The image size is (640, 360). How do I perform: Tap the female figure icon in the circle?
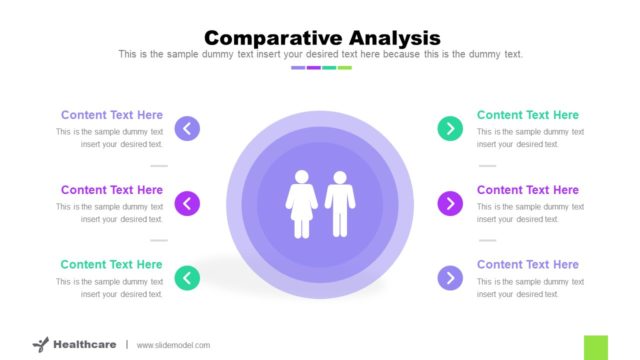[301, 204]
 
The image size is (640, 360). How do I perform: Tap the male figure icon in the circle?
[340, 204]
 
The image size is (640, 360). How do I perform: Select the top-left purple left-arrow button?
[187, 128]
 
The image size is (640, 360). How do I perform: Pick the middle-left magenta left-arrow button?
[187, 203]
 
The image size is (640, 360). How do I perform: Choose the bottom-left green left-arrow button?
[187, 278]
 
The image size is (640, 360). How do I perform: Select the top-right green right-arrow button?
[450, 128]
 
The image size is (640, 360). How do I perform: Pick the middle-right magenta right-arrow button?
[450, 203]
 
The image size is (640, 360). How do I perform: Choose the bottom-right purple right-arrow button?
[450, 278]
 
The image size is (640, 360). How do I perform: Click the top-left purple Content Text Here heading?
[111, 115]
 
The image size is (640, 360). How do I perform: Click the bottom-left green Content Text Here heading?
[111, 265]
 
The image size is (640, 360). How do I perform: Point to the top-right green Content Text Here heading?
[527, 115]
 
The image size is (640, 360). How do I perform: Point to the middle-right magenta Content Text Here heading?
[527, 190]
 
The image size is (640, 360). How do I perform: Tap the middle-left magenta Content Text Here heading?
[111, 190]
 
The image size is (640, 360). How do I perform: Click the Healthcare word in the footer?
[85, 345]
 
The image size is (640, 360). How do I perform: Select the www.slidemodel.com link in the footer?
[173, 345]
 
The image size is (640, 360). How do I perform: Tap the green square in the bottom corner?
[596, 347]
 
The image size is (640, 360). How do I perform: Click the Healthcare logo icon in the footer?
[40, 345]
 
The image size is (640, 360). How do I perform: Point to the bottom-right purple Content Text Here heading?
[527, 265]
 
